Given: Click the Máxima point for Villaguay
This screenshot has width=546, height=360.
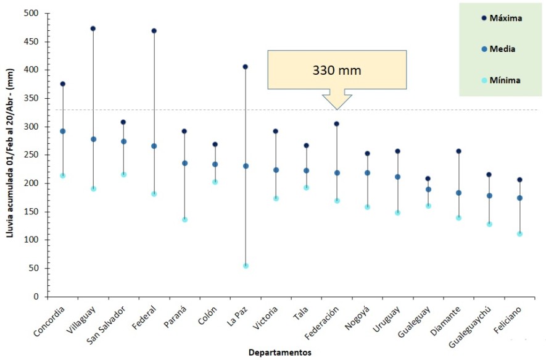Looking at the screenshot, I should (x=93, y=28).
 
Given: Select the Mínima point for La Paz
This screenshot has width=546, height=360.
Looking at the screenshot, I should (x=246, y=266).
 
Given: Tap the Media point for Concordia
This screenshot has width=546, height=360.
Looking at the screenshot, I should (x=63, y=131).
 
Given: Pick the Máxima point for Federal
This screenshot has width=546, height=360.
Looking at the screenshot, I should (x=154, y=30).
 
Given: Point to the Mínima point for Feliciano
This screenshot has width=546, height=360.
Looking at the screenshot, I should (x=519, y=233).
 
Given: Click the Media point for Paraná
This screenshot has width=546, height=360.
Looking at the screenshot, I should (x=184, y=163).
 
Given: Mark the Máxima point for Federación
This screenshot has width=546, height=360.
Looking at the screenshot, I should (x=337, y=123).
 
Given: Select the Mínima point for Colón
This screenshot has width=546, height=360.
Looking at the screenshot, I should (x=215, y=182).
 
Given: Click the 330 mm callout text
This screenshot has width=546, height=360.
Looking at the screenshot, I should (x=336, y=70).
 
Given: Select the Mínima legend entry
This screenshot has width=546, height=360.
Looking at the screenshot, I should (x=500, y=80).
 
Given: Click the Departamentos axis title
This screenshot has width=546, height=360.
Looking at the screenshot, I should (x=279, y=353).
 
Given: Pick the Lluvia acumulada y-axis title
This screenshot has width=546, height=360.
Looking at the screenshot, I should (x=10, y=155).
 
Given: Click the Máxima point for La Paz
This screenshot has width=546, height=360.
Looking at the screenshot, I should (x=246, y=67).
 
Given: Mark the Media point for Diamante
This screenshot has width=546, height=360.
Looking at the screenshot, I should (x=458, y=193).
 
